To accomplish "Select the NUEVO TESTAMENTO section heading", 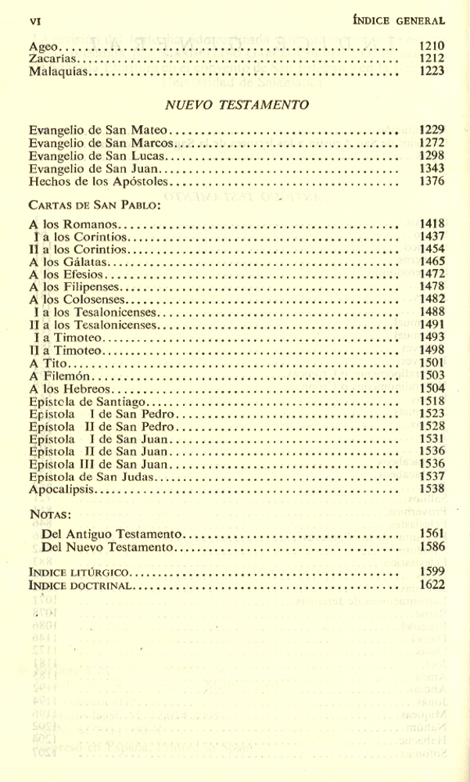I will [237, 105].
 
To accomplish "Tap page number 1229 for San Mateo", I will [432, 130].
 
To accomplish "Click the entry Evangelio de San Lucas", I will [91, 156].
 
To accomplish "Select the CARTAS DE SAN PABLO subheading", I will [95, 206].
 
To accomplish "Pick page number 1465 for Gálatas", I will [432, 261].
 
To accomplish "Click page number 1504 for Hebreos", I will [432, 388].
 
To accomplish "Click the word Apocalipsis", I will [61, 490].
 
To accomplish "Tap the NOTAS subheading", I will [50, 515].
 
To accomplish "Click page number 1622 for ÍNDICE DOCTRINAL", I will [432, 584].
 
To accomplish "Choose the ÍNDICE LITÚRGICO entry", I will [79, 572].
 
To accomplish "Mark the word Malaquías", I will [59, 71].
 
